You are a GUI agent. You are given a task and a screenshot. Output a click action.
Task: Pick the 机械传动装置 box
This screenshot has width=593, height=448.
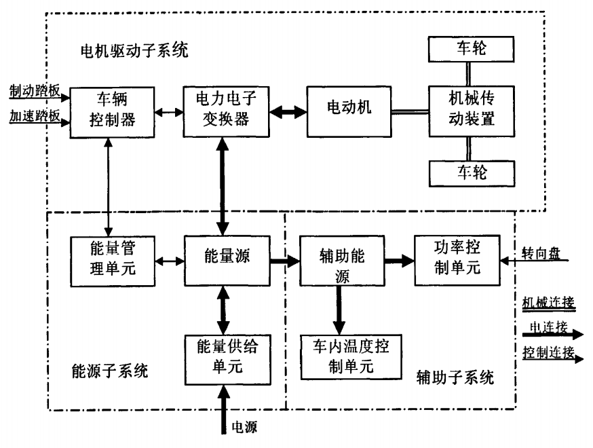(467, 111)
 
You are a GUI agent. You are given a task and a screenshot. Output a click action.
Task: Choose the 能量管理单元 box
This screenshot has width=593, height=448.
(113, 259)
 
